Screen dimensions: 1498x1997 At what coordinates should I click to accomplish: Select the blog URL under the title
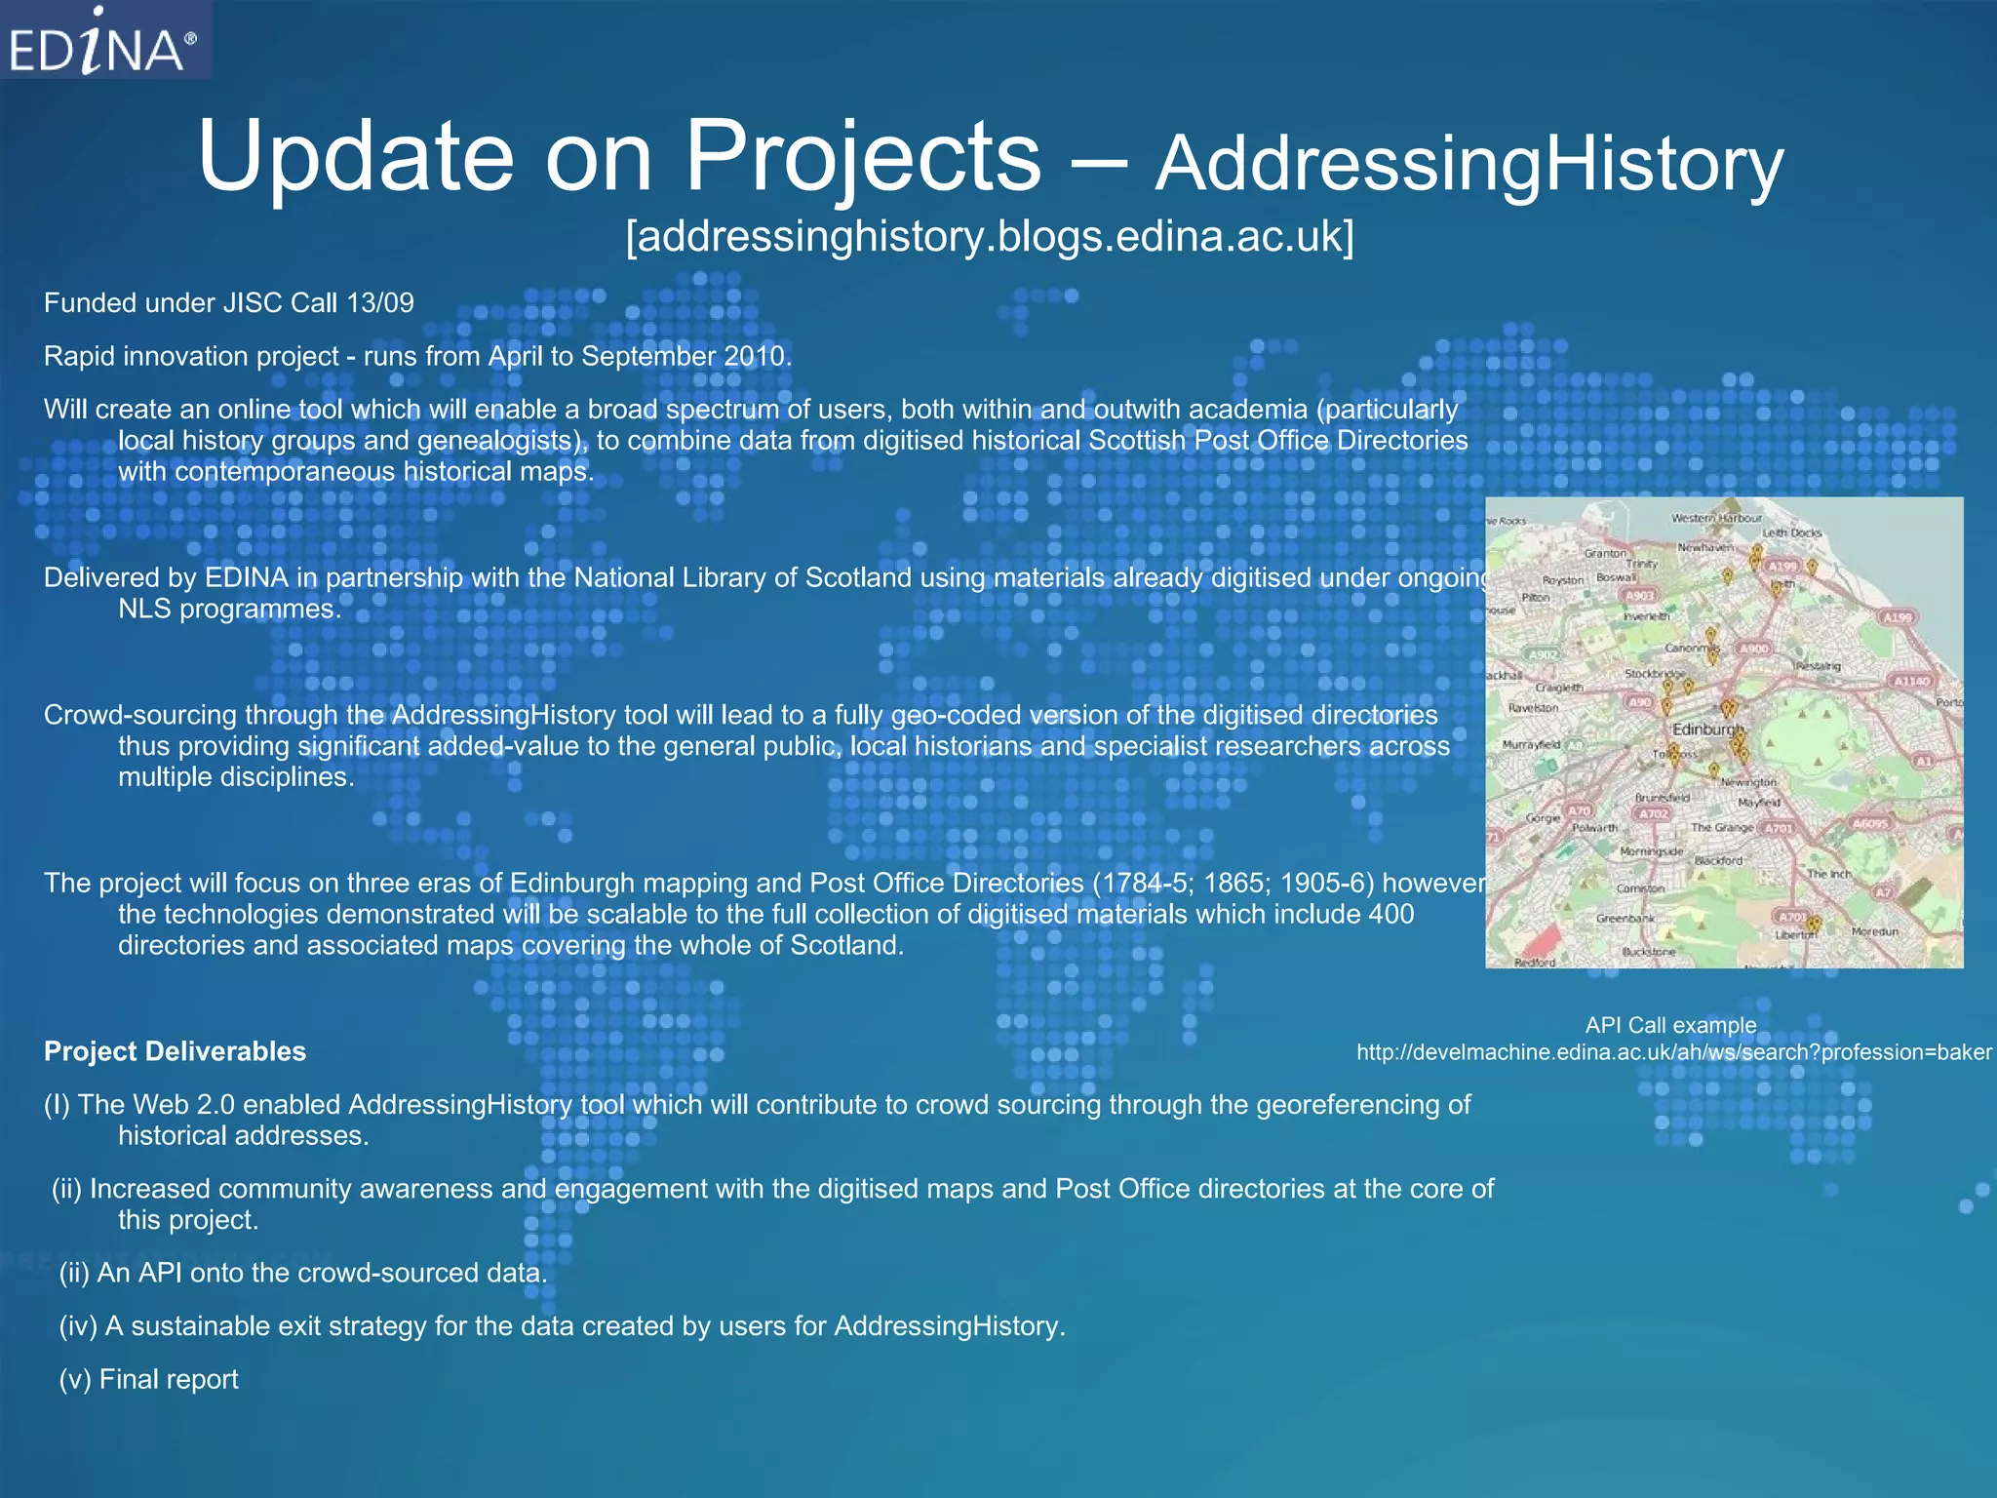click(x=990, y=237)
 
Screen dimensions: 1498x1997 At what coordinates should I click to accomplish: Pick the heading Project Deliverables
click(x=176, y=1051)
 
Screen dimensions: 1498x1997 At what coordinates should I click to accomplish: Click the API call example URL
click(x=1673, y=1052)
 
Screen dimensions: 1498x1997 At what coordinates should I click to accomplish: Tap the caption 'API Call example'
click(x=1670, y=1025)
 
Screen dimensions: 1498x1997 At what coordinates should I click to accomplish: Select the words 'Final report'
click(x=169, y=1380)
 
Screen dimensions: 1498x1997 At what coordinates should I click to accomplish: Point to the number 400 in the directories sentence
click(x=1390, y=915)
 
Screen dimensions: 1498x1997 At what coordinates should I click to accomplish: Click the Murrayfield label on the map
click(x=1531, y=744)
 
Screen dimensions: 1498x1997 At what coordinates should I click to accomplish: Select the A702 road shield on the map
click(x=1653, y=813)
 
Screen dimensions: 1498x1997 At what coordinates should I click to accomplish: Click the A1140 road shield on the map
click(x=1911, y=681)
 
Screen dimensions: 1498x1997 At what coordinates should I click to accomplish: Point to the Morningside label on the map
click(x=1651, y=851)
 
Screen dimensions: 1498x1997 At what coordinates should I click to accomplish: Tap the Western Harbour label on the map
click(x=1716, y=518)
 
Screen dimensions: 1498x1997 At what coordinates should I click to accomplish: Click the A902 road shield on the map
click(x=1543, y=654)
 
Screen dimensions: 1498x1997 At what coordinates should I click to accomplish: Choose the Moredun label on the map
click(x=1874, y=931)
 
